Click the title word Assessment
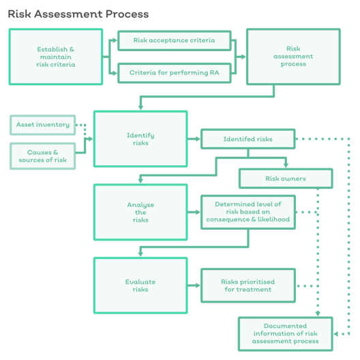click(x=68, y=14)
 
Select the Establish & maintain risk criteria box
click(x=56, y=57)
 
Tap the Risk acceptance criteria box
click(x=175, y=40)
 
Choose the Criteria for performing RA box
click(x=175, y=73)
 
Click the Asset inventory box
click(x=43, y=125)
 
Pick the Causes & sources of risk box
click(x=43, y=156)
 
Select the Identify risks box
click(x=140, y=139)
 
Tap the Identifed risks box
click(x=248, y=139)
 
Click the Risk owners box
click(x=286, y=179)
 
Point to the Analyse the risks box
click(x=140, y=212)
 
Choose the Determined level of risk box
click(x=248, y=212)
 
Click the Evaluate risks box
click(x=140, y=286)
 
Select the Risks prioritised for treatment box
click(x=248, y=286)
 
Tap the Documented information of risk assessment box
click(x=286, y=334)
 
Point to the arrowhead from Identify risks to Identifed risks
click(x=198, y=139)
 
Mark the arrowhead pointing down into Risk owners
click(x=286, y=166)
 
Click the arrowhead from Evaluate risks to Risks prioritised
click(x=198, y=286)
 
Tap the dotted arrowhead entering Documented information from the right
click(x=335, y=334)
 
